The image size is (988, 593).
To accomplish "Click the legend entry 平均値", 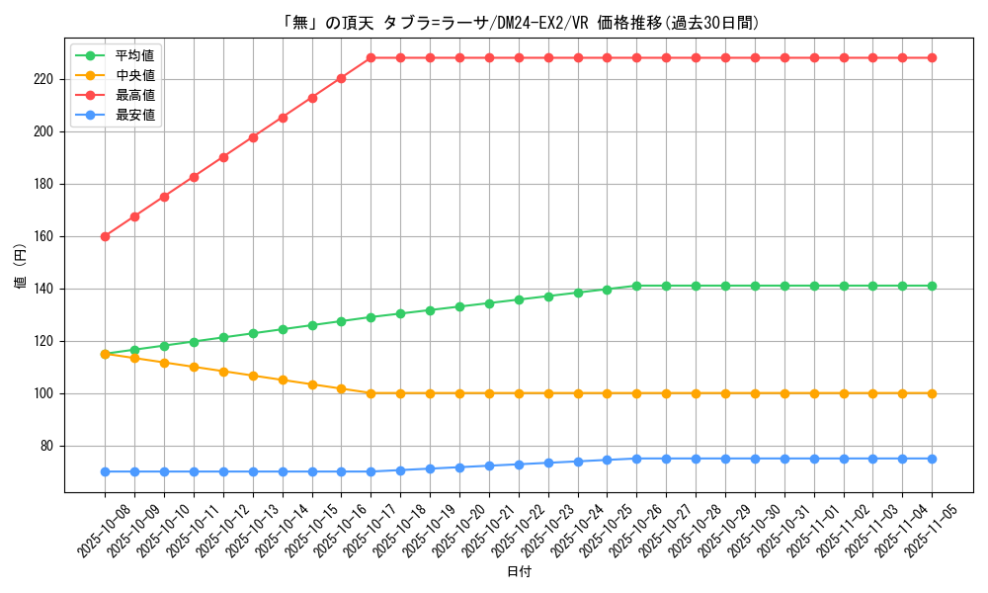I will click(x=135, y=55).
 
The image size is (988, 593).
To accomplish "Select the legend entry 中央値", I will click(x=135, y=75).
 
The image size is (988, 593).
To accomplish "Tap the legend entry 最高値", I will click(x=135, y=95).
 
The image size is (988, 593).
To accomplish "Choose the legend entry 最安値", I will click(x=135, y=115).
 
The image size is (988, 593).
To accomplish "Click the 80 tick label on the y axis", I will click(x=49, y=446).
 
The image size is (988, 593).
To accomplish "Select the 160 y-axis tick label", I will click(x=46, y=236).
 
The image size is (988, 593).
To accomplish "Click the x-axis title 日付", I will click(x=519, y=572).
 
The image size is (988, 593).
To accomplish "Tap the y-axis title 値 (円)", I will click(x=21, y=268).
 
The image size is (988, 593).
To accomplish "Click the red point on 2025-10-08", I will click(x=105, y=236).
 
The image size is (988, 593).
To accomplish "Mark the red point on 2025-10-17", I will click(x=371, y=57).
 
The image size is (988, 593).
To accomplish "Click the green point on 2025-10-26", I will click(x=636, y=286).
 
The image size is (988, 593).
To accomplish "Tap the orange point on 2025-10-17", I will click(x=371, y=393).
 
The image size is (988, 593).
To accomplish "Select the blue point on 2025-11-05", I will click(x=932, y=459).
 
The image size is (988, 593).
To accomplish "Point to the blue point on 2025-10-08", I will click(x=105, y=471).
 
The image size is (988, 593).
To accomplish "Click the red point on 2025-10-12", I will click(x=223, y=157).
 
